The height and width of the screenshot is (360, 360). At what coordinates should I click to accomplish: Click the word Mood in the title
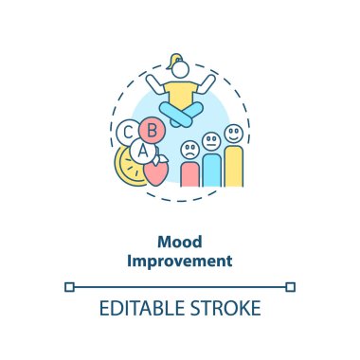180,242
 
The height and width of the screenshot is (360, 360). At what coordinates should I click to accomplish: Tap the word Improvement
180,261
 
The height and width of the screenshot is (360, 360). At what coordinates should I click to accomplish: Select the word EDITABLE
142,308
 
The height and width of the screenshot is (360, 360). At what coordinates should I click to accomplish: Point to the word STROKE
225,308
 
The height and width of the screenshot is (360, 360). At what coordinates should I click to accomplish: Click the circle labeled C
127,133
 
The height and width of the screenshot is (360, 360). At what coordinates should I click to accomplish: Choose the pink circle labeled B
153,130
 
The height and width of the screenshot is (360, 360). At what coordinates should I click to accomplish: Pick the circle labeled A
143,151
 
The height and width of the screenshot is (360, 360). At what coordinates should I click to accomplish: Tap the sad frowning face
190,150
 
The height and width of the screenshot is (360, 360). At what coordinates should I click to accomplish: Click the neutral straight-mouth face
211,141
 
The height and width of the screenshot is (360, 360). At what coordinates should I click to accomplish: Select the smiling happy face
234,134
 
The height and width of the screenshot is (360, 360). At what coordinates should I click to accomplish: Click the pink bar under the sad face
190,174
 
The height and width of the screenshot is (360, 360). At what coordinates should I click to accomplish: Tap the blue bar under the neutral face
211,171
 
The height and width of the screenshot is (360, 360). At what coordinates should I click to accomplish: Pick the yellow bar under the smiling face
234,167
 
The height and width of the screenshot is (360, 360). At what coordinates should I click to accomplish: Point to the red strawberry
155,171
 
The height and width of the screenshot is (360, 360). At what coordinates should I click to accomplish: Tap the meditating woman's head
180,69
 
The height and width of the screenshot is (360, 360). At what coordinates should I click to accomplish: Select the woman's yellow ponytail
173,61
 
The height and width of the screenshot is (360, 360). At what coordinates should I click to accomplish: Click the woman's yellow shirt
181,93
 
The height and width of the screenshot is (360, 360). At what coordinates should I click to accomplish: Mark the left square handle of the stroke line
69,287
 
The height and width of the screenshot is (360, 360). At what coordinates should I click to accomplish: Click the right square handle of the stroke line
291,287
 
